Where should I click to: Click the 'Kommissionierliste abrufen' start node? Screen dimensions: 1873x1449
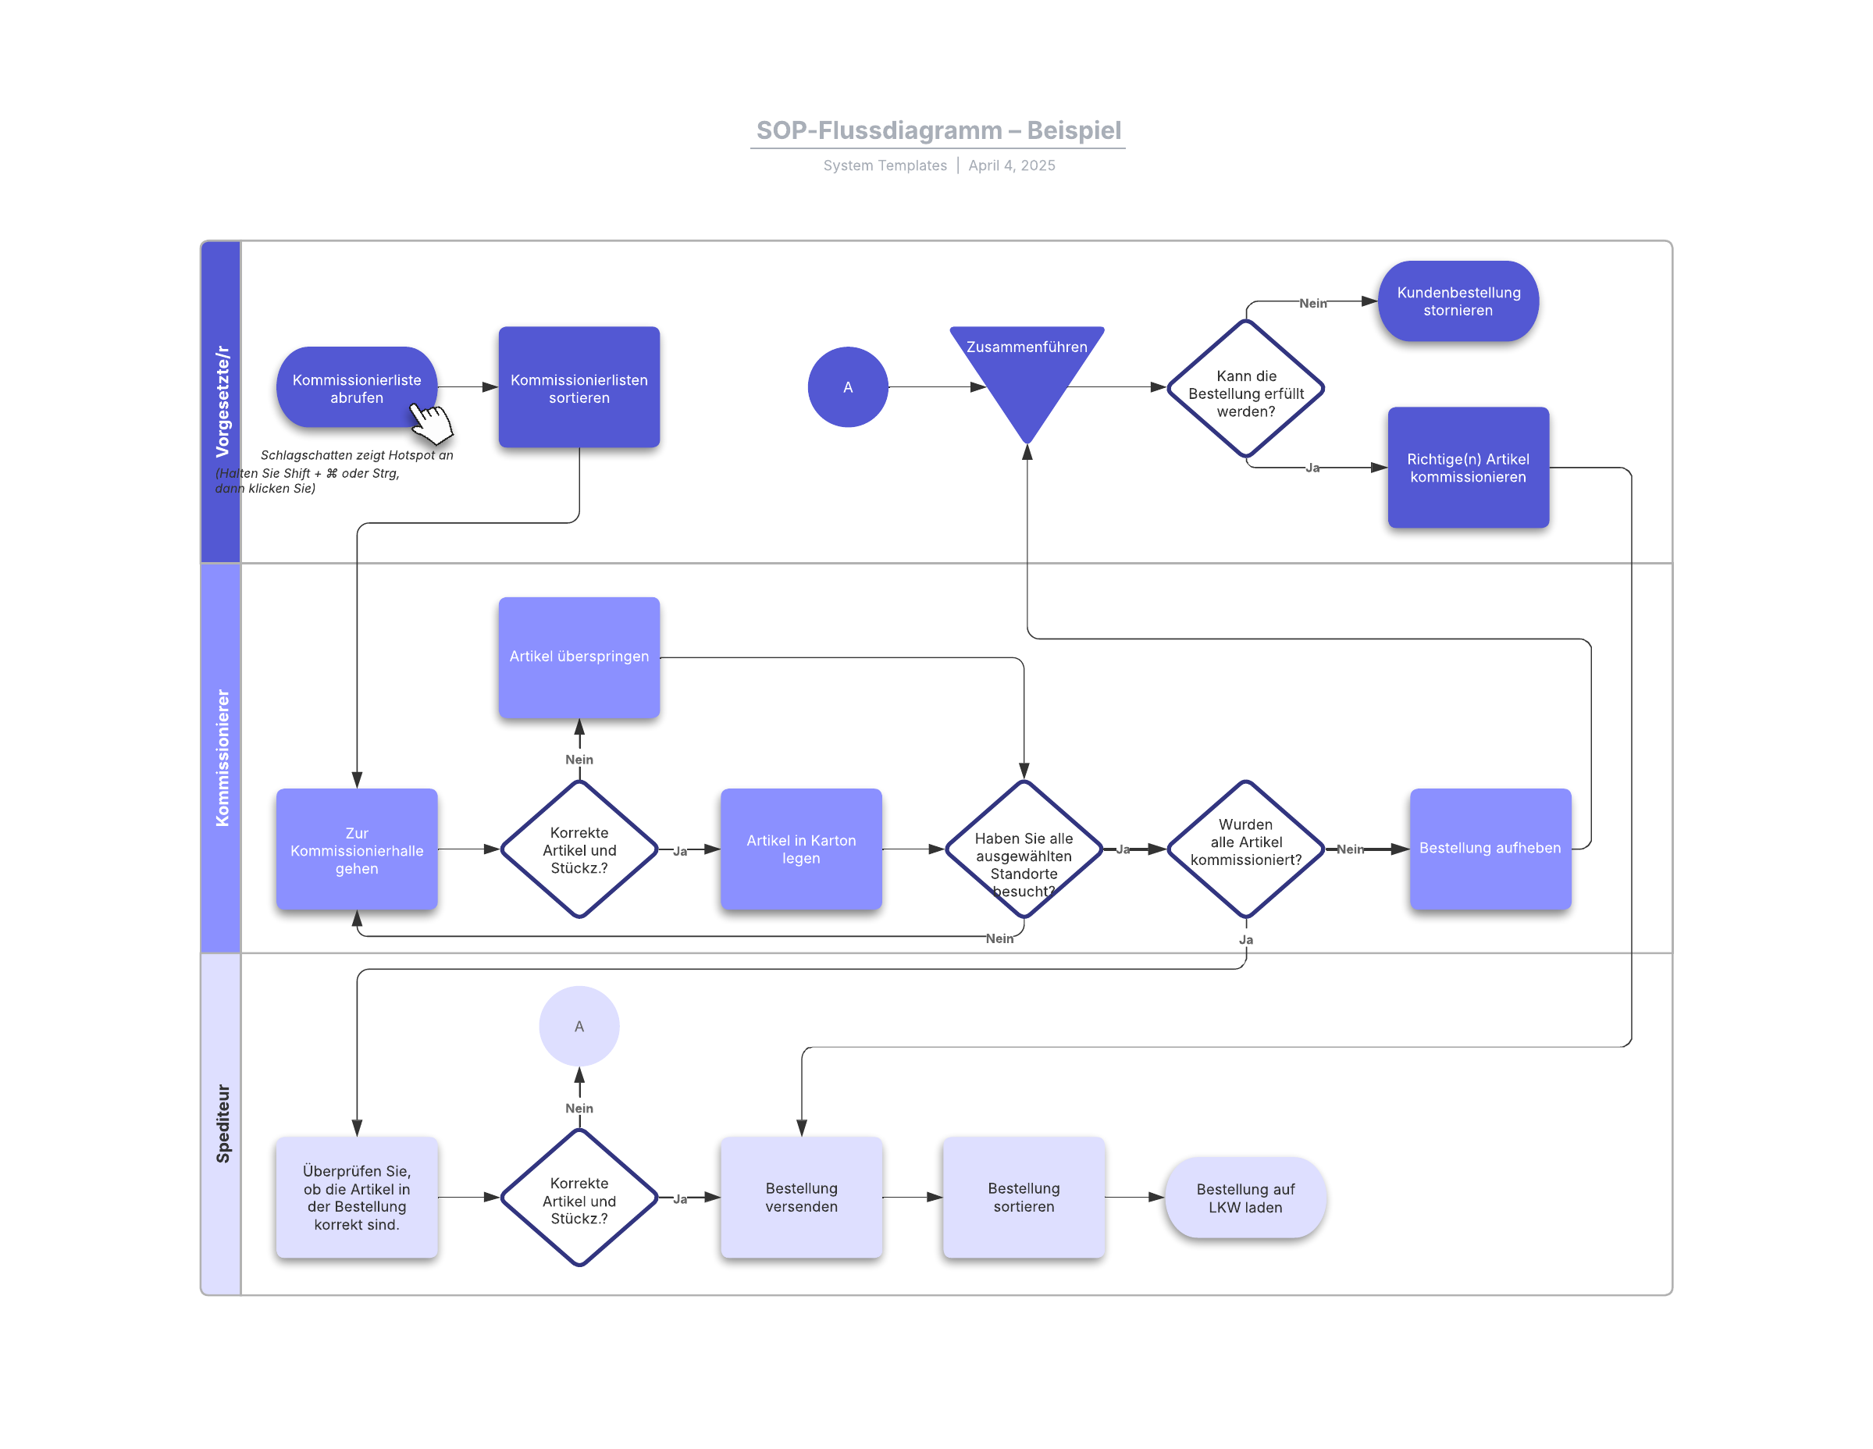pos(356,387)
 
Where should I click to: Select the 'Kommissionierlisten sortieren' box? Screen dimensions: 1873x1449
pos(579,387)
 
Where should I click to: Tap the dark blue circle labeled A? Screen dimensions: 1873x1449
pos(847,387)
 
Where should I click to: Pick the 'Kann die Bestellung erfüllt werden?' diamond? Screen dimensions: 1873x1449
pos(1245,388)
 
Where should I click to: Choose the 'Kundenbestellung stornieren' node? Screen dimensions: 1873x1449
pos(1458,301)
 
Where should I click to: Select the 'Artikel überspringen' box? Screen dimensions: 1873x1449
pos(579,657)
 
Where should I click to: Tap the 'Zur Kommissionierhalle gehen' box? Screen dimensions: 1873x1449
pos(356,849)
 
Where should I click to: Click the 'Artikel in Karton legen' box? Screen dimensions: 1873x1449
pos(801,849)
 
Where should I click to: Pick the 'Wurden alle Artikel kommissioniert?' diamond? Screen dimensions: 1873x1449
pos(1245,849)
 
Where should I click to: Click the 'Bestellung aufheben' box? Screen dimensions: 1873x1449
pos(1490,849)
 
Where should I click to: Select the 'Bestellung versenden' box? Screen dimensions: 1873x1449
pos(801,1197)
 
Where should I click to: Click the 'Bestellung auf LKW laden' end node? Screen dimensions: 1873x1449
pos(1245,1198)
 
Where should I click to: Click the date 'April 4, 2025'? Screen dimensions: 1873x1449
pos(1011,166)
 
